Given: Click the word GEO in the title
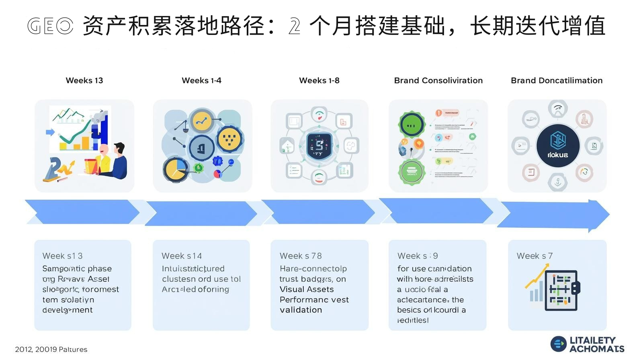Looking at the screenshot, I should coord(50,27).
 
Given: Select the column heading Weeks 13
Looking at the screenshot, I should coord(84,80).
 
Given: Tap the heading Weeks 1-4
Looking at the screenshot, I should coord(201,80).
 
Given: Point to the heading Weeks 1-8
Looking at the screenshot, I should coord(319,80).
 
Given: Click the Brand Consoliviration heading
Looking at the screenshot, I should coord(438,80).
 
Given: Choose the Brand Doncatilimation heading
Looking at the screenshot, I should coord(557,80).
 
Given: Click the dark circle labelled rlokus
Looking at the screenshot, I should coord(558,146).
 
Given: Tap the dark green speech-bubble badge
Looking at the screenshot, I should coord(412,125).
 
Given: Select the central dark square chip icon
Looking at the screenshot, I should coord(319,146).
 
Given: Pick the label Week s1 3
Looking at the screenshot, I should coord(62,256).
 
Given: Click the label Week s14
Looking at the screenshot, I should coord(182,256).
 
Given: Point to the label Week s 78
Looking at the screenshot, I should coord(301,256).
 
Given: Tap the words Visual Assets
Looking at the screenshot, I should coord(307,289).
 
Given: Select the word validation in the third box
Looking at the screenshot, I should coord(301,310).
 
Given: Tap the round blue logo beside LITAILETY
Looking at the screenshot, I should coord(558,344).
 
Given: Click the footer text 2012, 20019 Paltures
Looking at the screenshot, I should coord(51,350).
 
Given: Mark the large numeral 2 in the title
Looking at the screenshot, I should coord(294,27).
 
